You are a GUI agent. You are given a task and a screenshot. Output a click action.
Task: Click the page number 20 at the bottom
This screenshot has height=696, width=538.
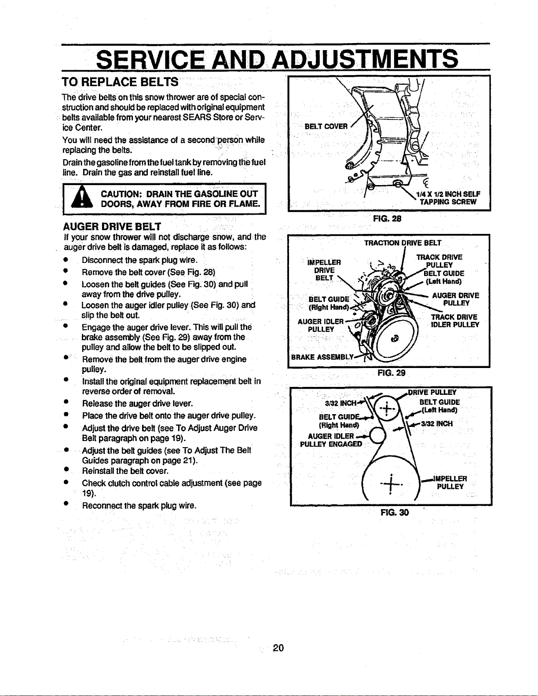pos(278,648)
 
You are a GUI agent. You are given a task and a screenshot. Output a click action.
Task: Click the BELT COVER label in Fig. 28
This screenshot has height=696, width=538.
pos(326,126)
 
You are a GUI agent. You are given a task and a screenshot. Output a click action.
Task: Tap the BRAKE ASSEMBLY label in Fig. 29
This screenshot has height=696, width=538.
pos(322,357)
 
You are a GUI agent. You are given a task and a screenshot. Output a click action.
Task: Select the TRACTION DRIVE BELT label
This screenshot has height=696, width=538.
pos(403,243)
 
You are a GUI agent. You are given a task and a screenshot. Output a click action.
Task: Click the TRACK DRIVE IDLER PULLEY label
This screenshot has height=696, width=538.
pos(455,321)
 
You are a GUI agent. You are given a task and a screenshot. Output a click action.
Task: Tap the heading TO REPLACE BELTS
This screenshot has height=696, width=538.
pos(120,82)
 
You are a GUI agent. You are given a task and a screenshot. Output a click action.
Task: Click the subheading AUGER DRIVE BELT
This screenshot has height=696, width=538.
pos(112,226)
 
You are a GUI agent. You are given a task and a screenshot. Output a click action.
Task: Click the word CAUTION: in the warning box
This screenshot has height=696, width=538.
pos(120,194)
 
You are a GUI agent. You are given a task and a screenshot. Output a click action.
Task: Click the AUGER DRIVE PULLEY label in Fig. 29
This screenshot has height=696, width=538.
pos(456,299)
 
